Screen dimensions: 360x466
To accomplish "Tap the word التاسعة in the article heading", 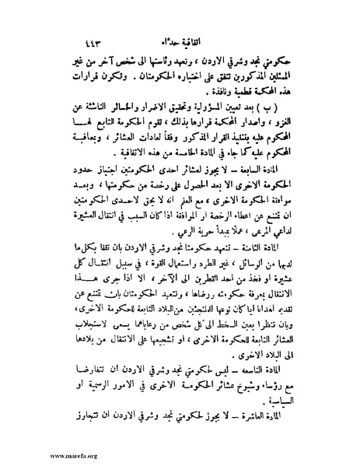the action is coord(277,366).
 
